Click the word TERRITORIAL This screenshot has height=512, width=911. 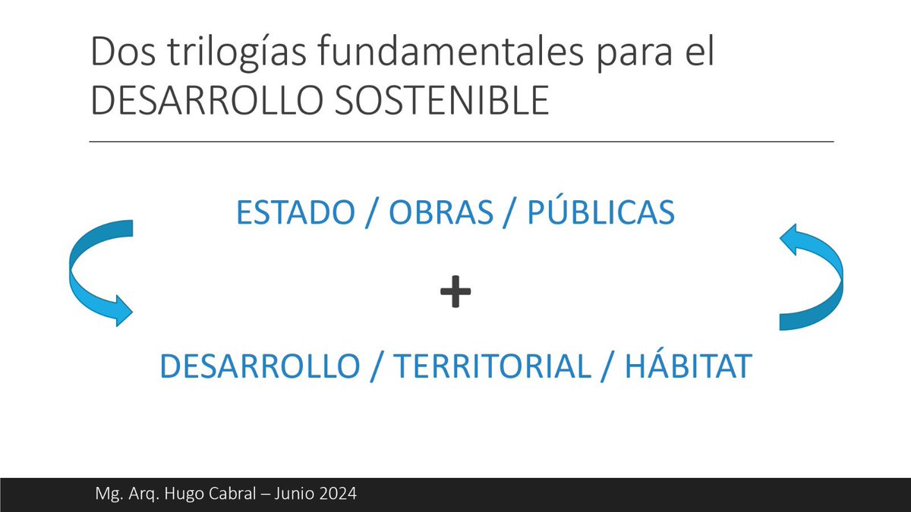pos(492,367)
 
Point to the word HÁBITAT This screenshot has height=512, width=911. pos(688,367)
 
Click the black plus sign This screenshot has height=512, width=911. pos(455,292)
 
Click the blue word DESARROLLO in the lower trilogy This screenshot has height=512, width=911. pos(258,367)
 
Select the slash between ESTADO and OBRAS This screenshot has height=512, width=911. pos(369,214)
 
